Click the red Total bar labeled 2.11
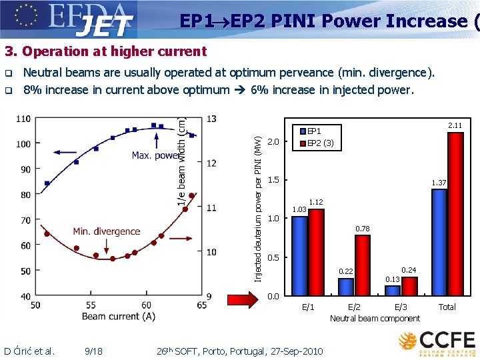coord(455,213)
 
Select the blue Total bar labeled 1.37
coord(439,242)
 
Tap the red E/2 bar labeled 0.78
coord(363,265)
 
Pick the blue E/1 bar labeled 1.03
coord(300,255)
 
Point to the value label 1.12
coord(316,202)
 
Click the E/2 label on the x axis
coord(354,307)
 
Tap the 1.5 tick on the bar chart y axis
coord(273,180)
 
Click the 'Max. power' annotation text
coord(155,155)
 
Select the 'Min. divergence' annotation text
coord(107,231)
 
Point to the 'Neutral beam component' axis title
coord(375,319)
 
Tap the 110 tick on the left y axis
coord(23,119)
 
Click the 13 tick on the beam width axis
coord(211,119)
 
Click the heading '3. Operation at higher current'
coord(105,51)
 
